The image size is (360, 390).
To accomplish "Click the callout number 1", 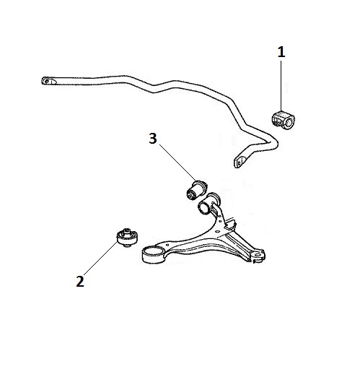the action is [x=281, y=52].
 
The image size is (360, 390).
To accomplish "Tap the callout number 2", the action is [x=80, y=282].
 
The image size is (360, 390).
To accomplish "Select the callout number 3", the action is [x=153, y=138].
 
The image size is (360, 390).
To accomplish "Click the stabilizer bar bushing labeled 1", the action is [x=283, y=120].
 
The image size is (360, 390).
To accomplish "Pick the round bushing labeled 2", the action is [x=127, y=238].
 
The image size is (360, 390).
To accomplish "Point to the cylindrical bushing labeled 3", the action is [x=196, y=190].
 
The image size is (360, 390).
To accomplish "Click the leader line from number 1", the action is [x=281, y=86].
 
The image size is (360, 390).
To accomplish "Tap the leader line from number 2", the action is [x=100, y=258].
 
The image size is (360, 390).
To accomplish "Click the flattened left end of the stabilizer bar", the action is [x=48, y=81].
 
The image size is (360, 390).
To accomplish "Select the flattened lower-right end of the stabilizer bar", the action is [x=240, y=162].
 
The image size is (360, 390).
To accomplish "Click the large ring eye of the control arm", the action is [x=153, y=255].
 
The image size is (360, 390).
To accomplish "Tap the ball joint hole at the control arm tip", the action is [x=258, y=255].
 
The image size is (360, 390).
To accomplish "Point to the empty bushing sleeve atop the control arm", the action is [x=208, y=204].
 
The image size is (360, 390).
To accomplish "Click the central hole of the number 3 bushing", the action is [x=190, y=196].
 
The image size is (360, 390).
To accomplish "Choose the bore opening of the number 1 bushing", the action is [x=289, y=122].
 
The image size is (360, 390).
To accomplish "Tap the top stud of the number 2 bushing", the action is [x=127, y=230].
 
